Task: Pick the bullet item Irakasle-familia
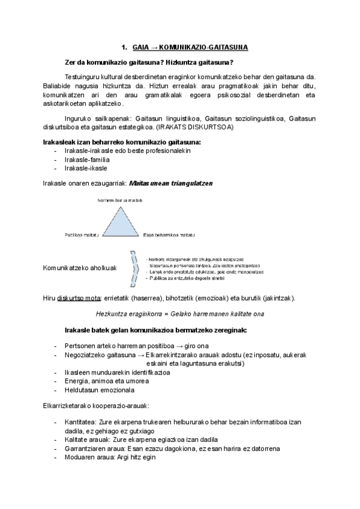(x=87, y=160)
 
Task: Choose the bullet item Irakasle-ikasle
(x=86, y=168)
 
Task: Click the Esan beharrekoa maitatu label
(x=170, y=235)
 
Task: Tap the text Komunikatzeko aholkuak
(x=80, y=267)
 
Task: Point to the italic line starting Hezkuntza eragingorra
(x=179, y=314)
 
